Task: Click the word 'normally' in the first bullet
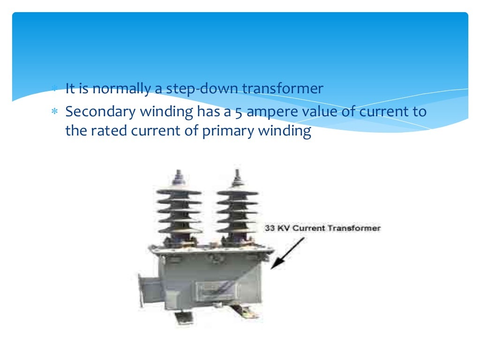[x=120, y=89]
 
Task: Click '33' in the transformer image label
[x=270, y=229]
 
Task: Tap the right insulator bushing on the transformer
[x=237, y=206]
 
